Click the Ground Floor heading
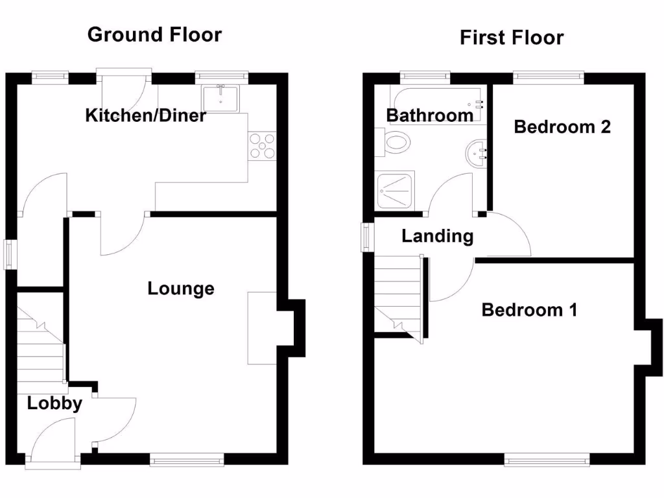154,34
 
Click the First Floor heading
512,38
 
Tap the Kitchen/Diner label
146,116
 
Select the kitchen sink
221,98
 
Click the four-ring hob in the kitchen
262,145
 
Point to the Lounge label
181,289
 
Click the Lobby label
54,403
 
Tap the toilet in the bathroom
396,141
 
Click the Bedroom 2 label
562,126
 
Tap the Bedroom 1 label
529,310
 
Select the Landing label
437,236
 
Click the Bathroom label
430,116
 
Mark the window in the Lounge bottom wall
187,460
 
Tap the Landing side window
368,236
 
